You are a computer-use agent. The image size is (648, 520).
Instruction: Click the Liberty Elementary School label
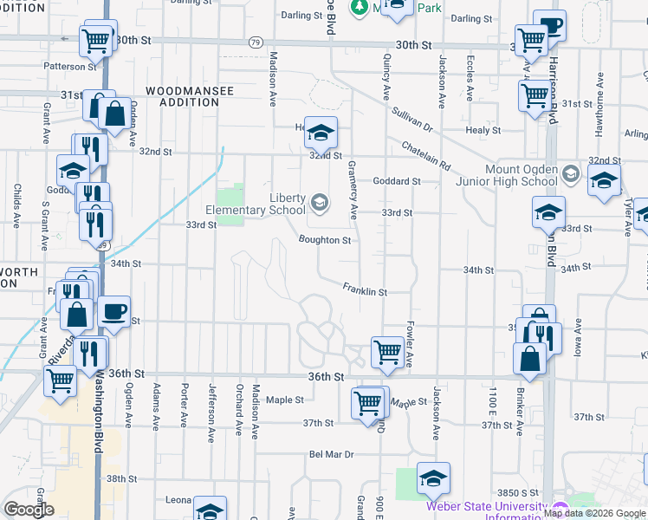[x=256, y=203]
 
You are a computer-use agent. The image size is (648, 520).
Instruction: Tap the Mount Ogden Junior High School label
[x=509, y=175]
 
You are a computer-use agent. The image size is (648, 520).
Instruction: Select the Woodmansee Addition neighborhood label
[x=182, y=96]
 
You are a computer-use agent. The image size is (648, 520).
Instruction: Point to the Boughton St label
[x=324, y=240]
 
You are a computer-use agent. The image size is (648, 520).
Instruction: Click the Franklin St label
[x=364, y=289]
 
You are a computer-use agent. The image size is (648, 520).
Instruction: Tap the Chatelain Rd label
[x=426, y=154]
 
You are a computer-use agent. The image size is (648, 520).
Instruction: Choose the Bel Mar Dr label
[x=332, y=454]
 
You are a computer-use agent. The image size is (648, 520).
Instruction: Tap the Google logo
[x=29, y=509]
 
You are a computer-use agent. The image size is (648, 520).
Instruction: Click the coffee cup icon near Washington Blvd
[x=114, y=311]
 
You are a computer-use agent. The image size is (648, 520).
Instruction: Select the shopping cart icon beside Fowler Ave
[x=386, y=351]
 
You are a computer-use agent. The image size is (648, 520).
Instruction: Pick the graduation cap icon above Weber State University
[x=433, y=477]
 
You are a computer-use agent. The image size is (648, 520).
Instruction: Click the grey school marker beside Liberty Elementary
[x=320, y=204]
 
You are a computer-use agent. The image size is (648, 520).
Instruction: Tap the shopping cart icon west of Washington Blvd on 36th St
[x=60, y=380]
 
